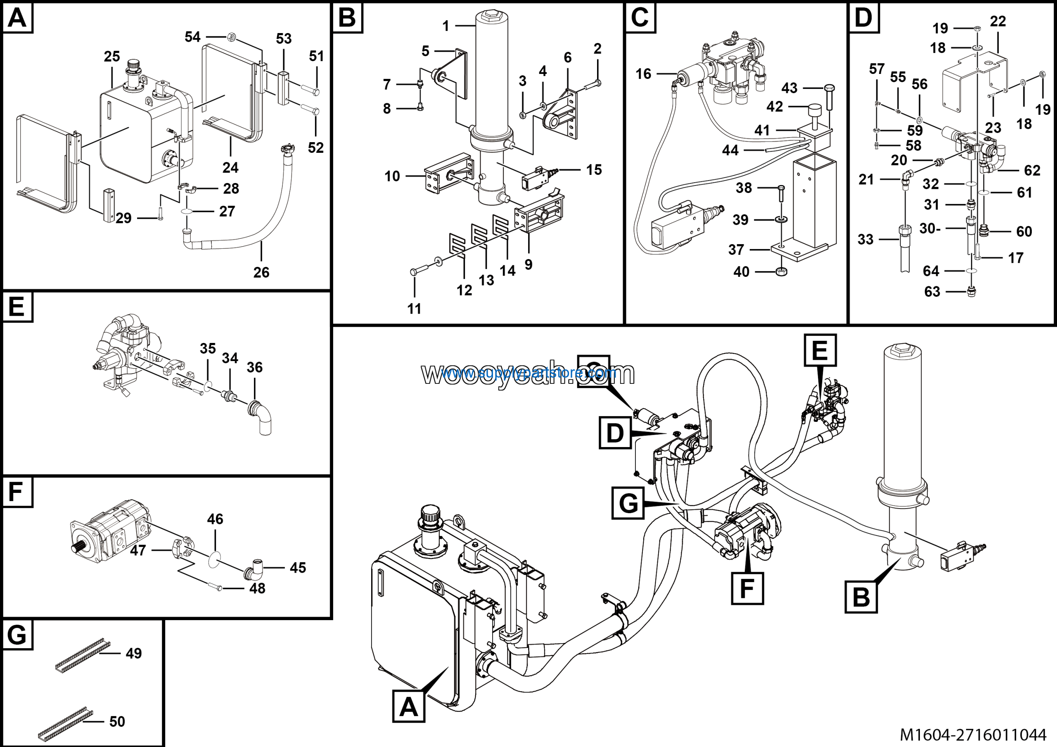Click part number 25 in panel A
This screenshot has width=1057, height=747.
point(112,57)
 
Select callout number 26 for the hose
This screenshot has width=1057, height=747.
point(261,272)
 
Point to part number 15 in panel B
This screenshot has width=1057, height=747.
point(594,170)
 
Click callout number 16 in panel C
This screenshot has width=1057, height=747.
point(643,74)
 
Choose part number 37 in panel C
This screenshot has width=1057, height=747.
point(736,250)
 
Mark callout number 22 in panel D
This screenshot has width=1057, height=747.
point(998,21)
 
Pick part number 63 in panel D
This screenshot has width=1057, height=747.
point(932,292)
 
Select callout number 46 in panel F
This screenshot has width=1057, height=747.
point(215,519)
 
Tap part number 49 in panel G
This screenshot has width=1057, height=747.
point(133,653)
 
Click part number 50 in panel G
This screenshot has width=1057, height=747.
point(117,721)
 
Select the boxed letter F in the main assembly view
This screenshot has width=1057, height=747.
point(747,588)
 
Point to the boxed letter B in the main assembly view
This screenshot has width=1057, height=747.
point(861,597)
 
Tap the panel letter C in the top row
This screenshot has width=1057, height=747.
point(640,17)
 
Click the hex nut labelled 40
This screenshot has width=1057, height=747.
point(781,271)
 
